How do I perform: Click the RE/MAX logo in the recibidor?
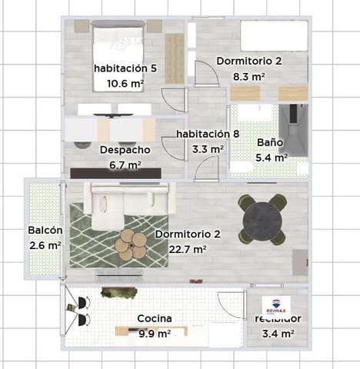pos(277,304)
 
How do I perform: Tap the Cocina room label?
pos(155,318)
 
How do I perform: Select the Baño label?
pos(270,143)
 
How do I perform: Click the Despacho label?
pos(125,150)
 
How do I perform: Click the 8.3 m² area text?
pos(249,77)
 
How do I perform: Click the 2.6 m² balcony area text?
pos(44,245)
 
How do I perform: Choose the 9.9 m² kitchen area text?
pos(154,334)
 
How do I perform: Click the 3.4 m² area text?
pos(278,334)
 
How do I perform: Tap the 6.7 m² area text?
pos(125,165)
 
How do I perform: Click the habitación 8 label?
pos(208,134)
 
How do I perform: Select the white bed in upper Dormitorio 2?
pos(273,36)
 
